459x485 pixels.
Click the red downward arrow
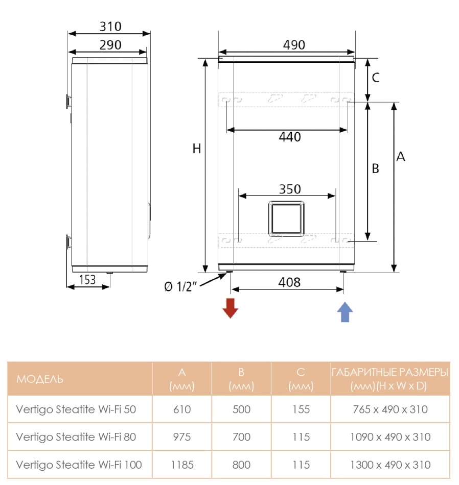(x=230, y=308)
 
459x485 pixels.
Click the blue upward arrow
(x=345, y=312)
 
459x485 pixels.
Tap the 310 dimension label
(x=110, y=27)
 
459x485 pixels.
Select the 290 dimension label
(x=110, y=45)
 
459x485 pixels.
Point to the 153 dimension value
(x=87, y=280)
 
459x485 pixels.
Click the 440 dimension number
(x=290, y=137)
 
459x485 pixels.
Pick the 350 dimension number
(x=290, y=189)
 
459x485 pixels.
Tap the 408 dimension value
(x=289, y=282)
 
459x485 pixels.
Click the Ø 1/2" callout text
(x=180, y=286)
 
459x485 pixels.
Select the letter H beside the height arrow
(x=197, y=149)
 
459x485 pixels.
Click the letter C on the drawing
(x=375, y=77)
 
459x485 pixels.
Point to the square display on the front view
(x=286, y=219)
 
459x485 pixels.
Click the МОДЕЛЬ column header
(x=40, y=379)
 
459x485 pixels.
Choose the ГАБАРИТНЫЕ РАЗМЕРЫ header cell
(x=390, y=379)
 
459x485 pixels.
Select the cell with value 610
(x=182, y=409)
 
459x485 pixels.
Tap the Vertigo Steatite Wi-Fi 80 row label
(x=76, y=436)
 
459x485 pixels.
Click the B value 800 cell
(x=241, y=465)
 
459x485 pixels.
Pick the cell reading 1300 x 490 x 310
(x=390, y=465)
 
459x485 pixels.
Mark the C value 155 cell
(x=301, y=409)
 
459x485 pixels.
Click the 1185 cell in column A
(x=182, y=465)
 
